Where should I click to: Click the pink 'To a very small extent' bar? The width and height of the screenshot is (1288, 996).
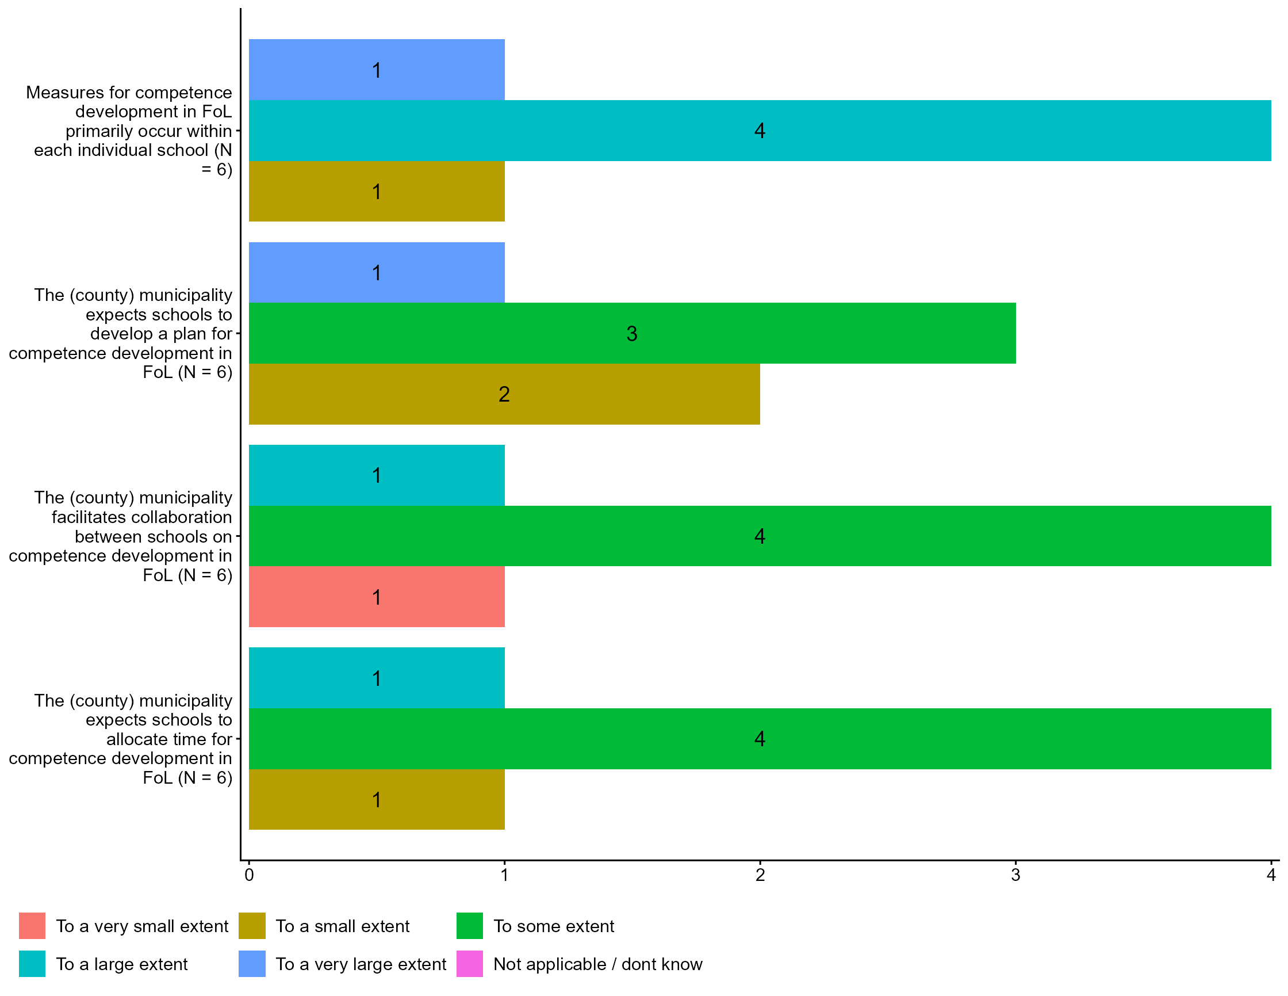(376, 597)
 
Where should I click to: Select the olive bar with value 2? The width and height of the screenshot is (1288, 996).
(504, 394)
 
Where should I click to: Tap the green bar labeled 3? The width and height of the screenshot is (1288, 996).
(631, 333)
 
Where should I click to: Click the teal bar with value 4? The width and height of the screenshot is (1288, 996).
(760, 131)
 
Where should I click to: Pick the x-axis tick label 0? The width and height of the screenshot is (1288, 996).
(249, 875)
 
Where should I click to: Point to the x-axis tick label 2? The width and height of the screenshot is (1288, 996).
(760, 875)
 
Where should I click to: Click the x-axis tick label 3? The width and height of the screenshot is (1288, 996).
(1015, 875)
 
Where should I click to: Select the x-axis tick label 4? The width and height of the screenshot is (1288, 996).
(1271, 875)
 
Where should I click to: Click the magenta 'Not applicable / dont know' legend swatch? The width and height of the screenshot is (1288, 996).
(469, 964)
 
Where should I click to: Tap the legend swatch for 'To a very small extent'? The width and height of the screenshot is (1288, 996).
(32, 926)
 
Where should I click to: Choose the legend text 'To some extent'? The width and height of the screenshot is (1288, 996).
(554, 926)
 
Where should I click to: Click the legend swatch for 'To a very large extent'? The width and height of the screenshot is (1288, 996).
(252, 964)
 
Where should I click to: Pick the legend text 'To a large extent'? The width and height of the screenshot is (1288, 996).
(121, 964)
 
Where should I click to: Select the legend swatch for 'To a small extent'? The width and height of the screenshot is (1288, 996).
(252, 926)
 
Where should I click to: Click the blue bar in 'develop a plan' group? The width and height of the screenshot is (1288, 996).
(376, 273)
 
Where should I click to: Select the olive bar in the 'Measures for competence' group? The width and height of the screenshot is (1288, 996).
(376, 191)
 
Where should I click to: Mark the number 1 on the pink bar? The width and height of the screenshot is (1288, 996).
(376, 597)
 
